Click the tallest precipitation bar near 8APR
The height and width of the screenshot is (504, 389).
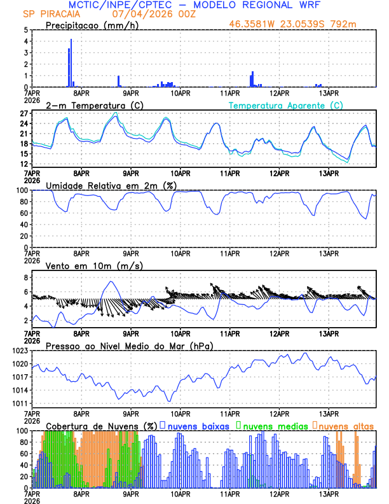(71, 63)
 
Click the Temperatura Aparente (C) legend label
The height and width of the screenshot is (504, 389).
(285, 105)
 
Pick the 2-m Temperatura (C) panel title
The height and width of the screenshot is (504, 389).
(88, 105)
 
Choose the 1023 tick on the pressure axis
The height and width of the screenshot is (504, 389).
(18, 351)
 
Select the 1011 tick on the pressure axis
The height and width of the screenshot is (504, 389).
(18, 403)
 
